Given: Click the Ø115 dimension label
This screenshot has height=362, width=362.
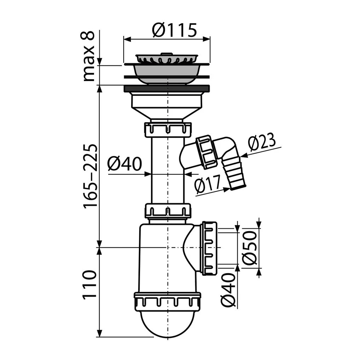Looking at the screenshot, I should tap(174, 30).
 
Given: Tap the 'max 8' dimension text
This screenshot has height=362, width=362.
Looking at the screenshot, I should tap(88, 56).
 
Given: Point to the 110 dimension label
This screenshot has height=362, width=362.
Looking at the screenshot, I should tap(89, 285).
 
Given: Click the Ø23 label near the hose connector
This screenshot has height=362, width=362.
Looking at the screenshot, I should tap(262, 142).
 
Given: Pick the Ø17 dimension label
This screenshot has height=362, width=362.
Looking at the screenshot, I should tap(207, 183).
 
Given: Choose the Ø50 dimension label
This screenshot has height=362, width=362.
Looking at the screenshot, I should tap(250, 247).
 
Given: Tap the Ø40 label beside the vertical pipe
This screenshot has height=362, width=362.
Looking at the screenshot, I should tap(124, 164).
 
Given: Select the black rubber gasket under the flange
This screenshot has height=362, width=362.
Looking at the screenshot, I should tap(167, 88).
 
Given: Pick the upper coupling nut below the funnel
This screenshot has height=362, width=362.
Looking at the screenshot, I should tap(168, 129).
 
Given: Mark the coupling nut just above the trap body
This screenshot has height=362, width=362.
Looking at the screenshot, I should tap(168, 211).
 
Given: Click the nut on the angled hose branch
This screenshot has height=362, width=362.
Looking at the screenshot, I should tap(206, 152).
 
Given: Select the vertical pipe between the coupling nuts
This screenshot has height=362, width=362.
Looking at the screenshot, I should tap(168, 170).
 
